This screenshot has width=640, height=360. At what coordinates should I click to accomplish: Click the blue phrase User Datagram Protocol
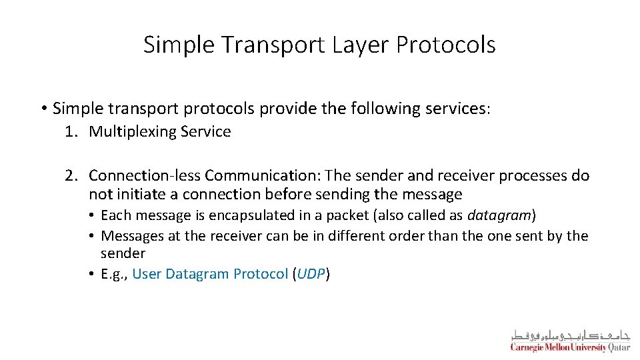210,274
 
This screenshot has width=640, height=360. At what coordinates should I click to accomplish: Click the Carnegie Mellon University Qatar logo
569,340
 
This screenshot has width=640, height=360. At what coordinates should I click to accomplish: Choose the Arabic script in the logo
570,334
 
